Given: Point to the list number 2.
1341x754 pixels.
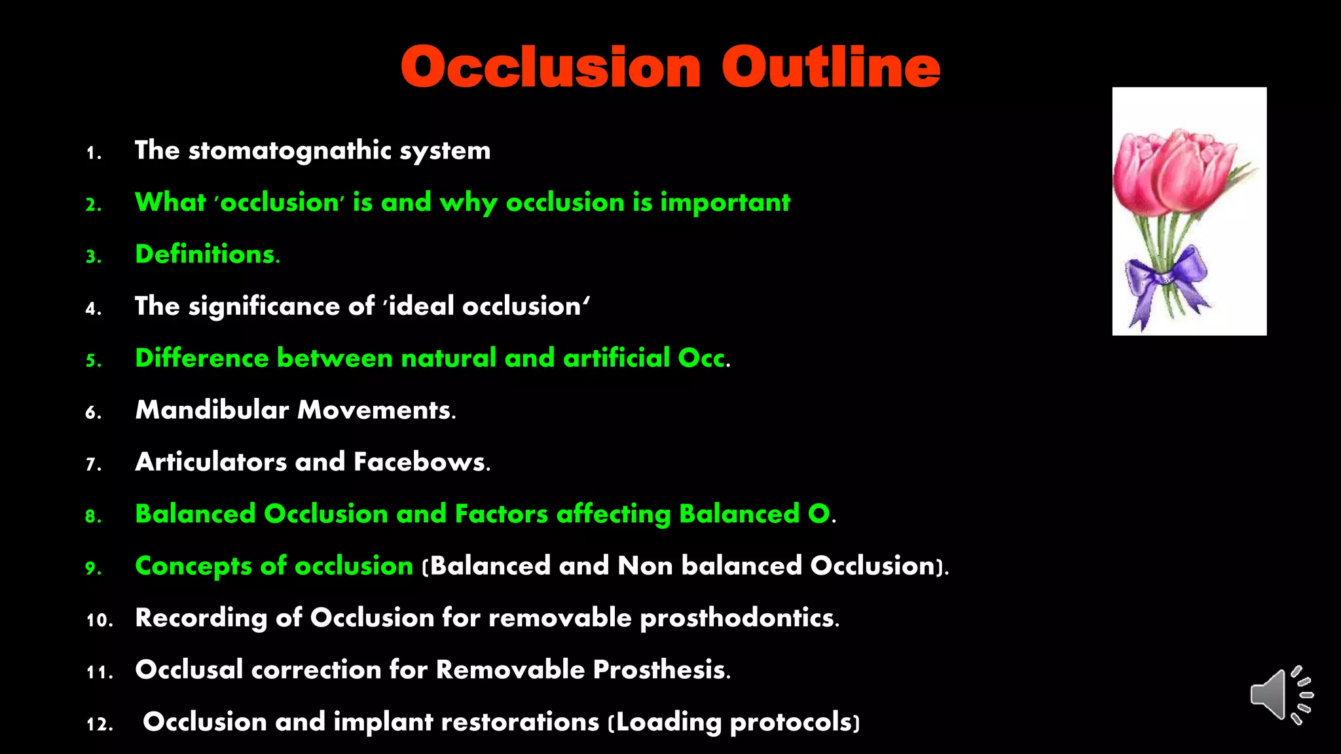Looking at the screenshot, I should pos(93,205).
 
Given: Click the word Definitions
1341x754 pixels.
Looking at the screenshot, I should pos(207,255).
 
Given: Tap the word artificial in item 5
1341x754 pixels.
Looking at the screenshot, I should pos(616,358).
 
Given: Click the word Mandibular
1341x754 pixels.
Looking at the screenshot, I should pos(212,410).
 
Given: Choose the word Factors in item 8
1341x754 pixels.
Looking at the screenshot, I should pos(501,514).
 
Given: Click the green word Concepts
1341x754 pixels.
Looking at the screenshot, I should pos(193,566).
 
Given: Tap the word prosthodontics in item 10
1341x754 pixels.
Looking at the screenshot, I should pos(738,618).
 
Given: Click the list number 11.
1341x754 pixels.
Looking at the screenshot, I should pos(100,672).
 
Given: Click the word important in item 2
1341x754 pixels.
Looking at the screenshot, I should pos(725,203).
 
